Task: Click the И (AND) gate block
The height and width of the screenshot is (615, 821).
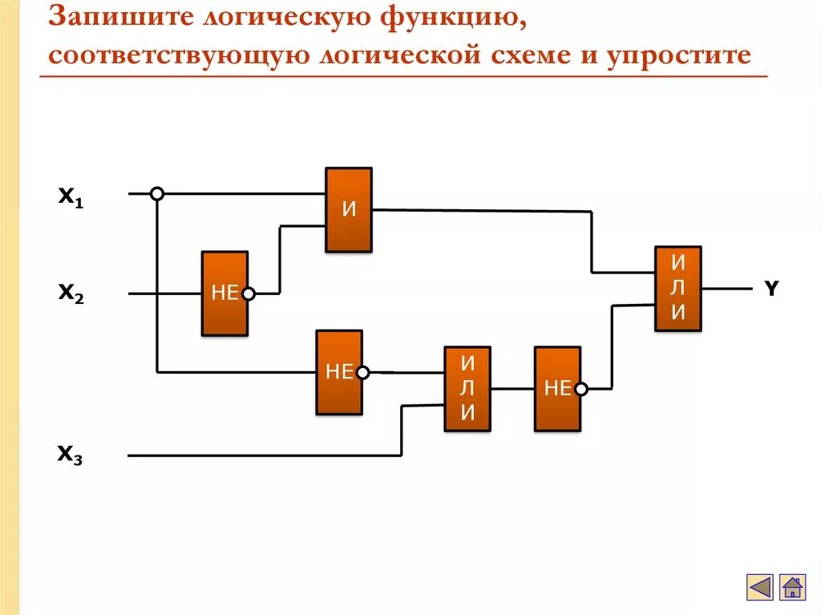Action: [348, 210]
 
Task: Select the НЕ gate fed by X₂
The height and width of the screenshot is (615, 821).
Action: [224, 293]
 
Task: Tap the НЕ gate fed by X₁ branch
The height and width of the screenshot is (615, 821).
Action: [338, 372]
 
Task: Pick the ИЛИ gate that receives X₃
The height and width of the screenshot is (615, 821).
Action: [467, 389]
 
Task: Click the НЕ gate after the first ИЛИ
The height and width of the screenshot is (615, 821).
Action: [557, 389]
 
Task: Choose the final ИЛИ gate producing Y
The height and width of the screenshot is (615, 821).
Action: [677, 289]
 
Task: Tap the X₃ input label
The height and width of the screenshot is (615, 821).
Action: [71, 455]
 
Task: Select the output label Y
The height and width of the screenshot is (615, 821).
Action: [770, 289]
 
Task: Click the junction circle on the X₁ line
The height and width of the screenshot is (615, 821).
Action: [157, 193]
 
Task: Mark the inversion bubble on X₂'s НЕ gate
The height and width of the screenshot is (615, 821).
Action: [249, 294]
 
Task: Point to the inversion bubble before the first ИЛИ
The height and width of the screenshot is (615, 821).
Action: [363, 372]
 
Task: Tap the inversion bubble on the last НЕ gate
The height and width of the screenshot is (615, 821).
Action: [581, 389]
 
